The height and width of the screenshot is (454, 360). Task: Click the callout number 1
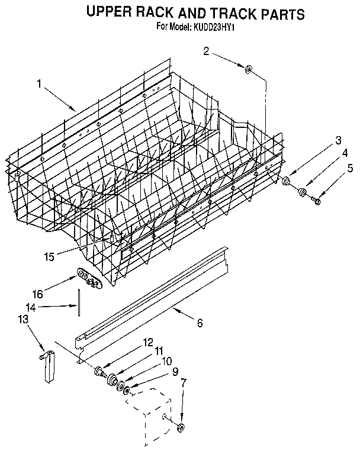[x=39, y=85]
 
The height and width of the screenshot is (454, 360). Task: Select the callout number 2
[x=206, y=51]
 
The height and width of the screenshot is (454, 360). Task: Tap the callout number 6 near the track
[x=200, y=323]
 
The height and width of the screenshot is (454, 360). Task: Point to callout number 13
[x=23, y=319]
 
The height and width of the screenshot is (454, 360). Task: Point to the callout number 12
[x=148, y=343]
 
